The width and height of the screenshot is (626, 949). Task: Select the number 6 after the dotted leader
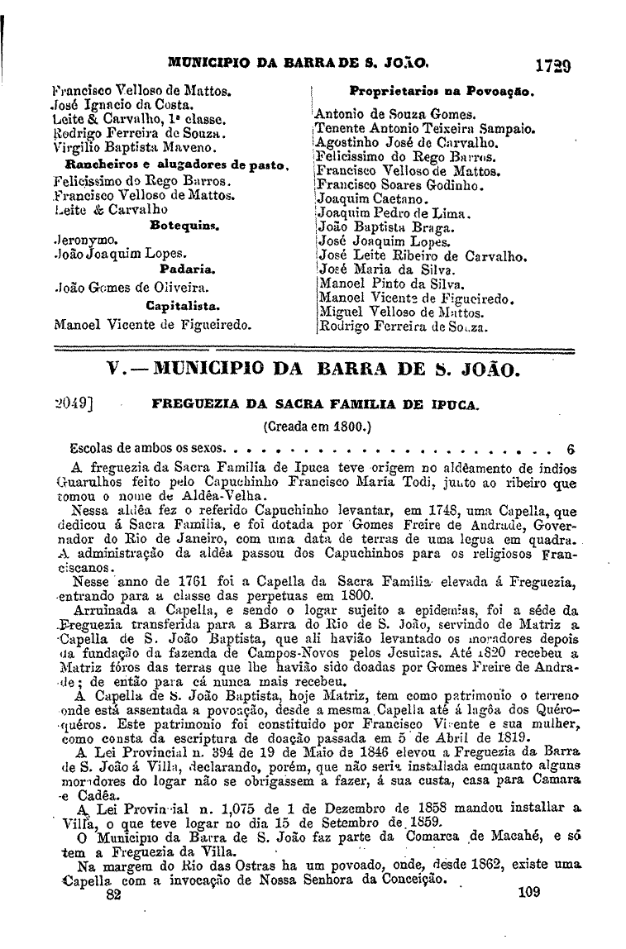(570, 450)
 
